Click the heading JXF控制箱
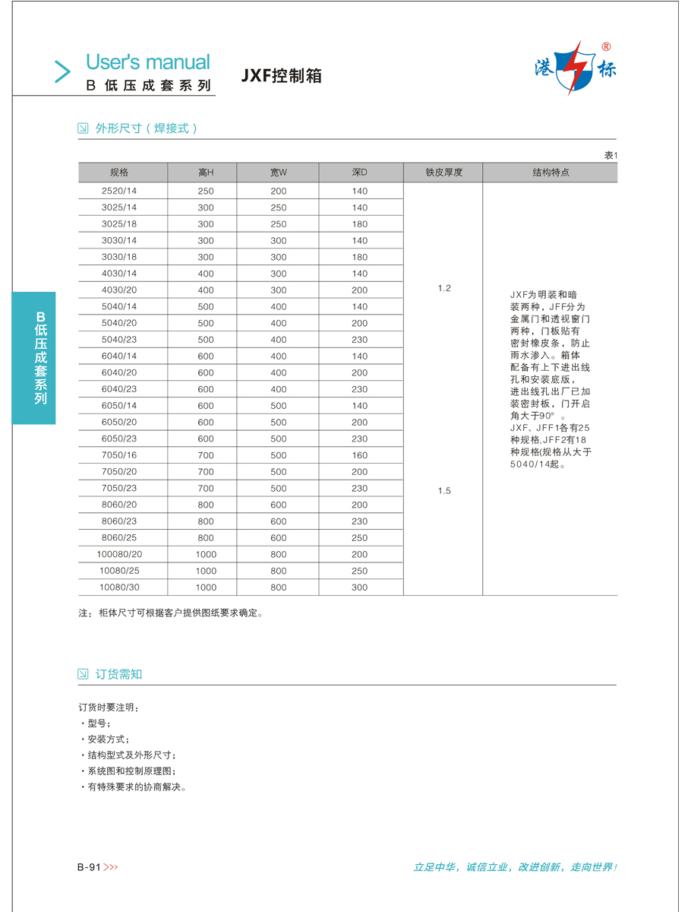282,76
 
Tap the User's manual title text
147,62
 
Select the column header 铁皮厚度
443,173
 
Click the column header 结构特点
551,173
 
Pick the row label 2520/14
119,191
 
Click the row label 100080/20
119,555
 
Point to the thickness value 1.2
444,288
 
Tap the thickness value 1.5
444,491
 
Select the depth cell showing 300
359,587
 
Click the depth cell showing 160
359,455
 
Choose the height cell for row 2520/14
206,191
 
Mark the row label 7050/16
119,455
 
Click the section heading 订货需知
118,674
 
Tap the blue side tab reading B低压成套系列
33,357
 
